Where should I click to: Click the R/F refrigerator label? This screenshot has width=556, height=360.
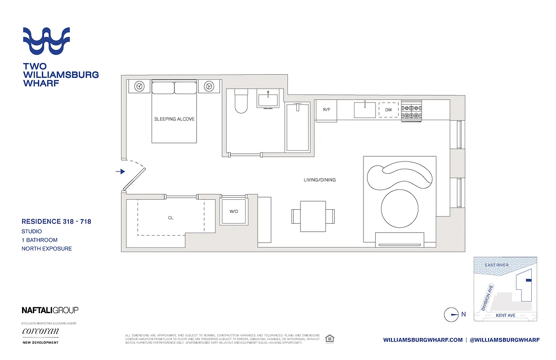pos(326,110)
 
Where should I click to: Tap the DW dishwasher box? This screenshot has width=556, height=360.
pos(389,110)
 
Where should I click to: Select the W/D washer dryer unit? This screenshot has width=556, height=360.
pos(233,211)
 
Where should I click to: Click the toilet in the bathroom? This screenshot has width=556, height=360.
pos(242,102)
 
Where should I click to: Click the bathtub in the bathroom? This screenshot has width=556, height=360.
pos(297,127)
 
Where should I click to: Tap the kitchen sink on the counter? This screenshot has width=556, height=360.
pos(364,110)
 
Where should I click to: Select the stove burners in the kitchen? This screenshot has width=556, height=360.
pos(412,111)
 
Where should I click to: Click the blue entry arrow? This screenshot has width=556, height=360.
pos(120,171)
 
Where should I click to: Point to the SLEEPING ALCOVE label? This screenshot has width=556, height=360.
pos(175,119)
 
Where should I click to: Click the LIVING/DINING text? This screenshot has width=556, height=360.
pos(319,180)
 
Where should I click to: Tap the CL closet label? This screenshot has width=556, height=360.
pos(170,218)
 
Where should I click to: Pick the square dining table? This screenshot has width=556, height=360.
pos(313,216)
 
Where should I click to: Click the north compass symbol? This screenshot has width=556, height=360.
pos(451,315)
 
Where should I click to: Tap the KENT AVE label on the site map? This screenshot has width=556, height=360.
pos(505,315)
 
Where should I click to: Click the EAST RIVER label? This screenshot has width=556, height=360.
pos(497,265)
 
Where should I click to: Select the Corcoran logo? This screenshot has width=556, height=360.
pos(40,332)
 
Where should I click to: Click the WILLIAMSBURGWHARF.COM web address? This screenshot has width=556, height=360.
pos(423,340)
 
